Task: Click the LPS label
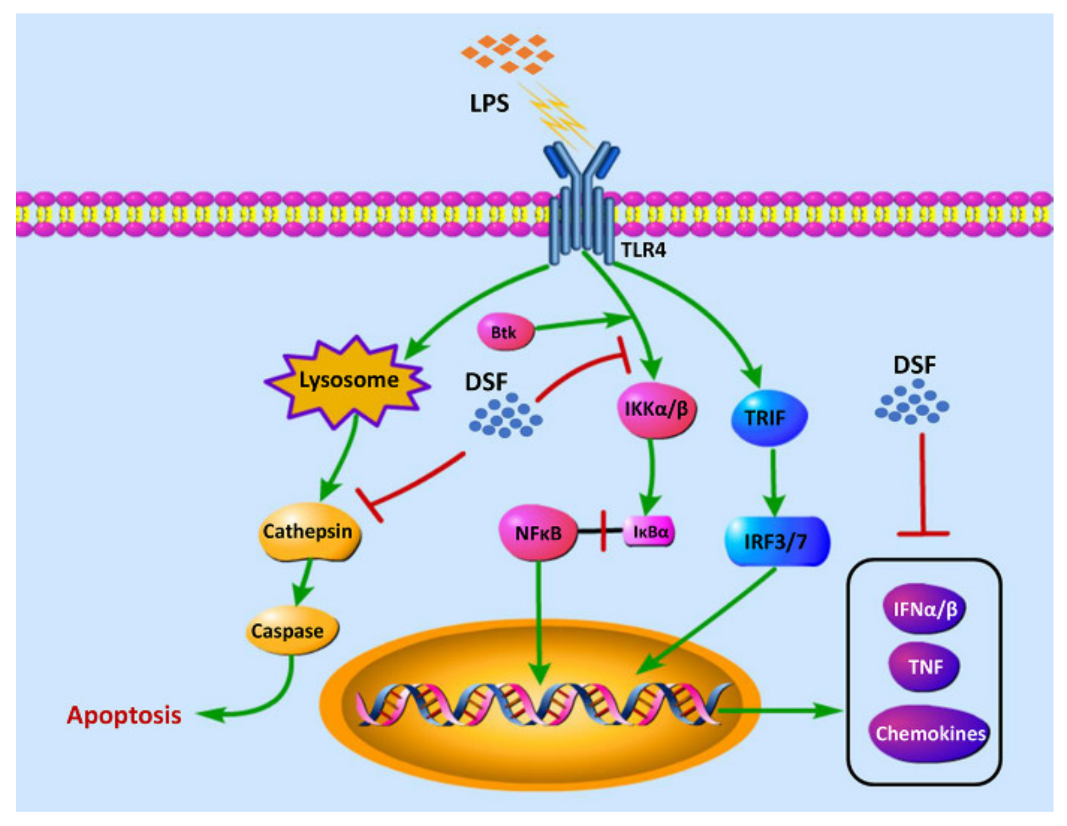[489, 103]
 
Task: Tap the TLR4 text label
[643, 250]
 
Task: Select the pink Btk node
[505, 332]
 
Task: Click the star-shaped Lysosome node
[347, 381]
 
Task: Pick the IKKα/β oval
[656, 410]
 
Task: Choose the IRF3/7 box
[776, 542]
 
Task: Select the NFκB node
[538, 533]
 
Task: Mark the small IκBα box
[649, 531]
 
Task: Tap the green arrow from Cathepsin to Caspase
[304, 582]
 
